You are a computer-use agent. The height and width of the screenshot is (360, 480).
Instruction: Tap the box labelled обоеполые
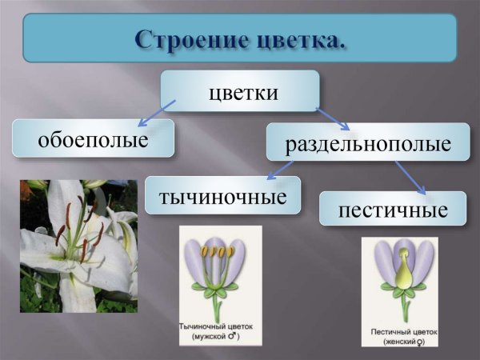point(93,138)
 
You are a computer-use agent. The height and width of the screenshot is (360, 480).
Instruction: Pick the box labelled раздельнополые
point(367,142)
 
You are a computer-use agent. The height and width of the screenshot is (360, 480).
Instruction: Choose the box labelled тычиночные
point(222,194)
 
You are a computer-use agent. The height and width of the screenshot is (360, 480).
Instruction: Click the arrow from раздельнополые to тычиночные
point(279,170)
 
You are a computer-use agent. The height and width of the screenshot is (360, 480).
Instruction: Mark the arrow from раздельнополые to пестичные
point(410,178)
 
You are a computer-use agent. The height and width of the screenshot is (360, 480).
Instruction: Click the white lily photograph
point(78,246)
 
